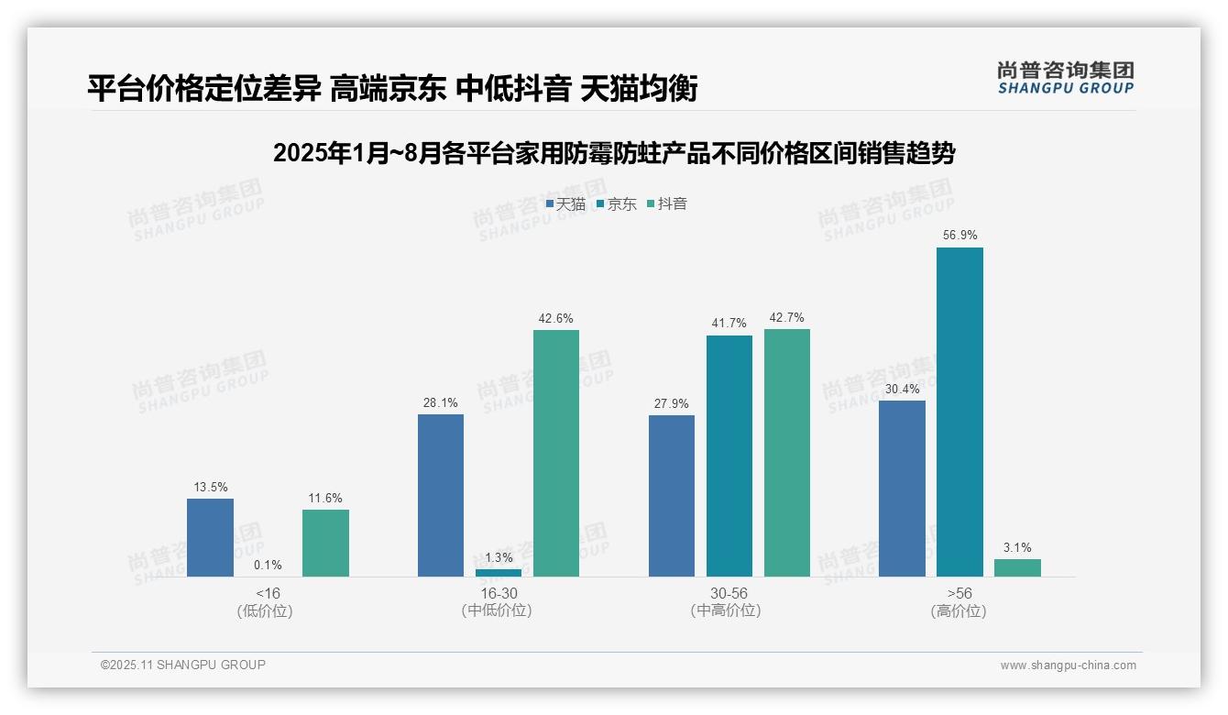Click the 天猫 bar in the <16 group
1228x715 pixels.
[210, 537]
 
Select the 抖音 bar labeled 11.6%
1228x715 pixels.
[325, 543]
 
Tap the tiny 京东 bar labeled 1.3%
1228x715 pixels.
[499, 573]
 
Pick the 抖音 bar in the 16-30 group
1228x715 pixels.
[556, 453]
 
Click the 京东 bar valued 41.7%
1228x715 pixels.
[729, 456]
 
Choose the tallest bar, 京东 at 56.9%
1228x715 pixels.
[959, 412]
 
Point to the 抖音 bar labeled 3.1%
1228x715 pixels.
[1017, 568]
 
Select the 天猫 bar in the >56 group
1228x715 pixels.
[902, 489]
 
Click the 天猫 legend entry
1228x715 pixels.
[565, 204]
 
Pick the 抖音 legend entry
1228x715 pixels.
[667, 204]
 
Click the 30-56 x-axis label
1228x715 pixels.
[729, 593]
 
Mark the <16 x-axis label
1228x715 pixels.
[268, 593]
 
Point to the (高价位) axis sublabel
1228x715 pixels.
[959, 611]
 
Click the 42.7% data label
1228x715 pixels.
[787, 318]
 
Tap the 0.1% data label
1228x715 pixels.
[268, 566]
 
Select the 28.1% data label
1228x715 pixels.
[441, 403]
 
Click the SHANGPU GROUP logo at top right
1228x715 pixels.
[1066, 78]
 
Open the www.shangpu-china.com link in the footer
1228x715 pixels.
[1068, 665]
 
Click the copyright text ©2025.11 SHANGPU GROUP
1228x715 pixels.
[183, 665]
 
